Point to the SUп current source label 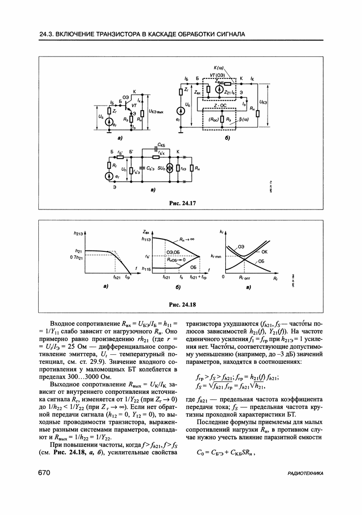click(x=163, y=168)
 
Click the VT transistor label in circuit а click(x=134, y=105)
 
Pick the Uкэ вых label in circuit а click(x=155, y=111)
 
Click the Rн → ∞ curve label click(x=186, y=239)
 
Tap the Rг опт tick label click(x=245, y=277)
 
